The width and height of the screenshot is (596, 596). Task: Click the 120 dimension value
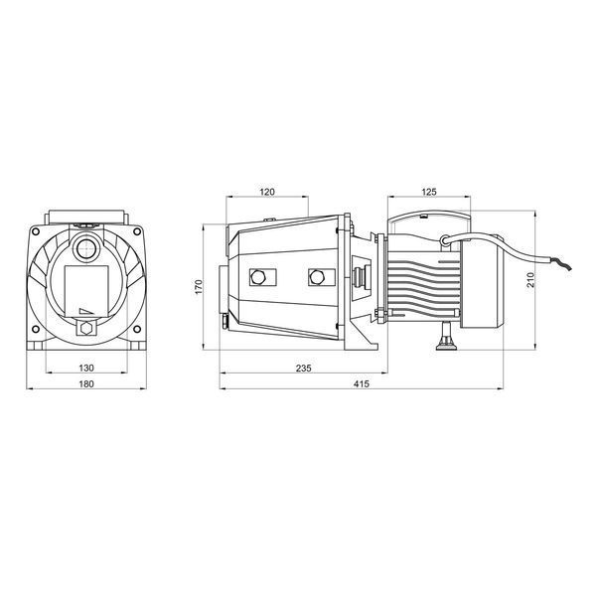[x=267, y=192]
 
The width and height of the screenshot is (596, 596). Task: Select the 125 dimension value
[x=429, y=192]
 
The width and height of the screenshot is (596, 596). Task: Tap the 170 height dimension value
[x=199, y=287]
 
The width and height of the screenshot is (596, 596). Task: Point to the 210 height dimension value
[x=530, y=280]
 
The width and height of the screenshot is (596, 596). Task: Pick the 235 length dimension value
[x=303, y=368]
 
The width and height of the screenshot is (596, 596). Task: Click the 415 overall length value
[x=362, y=383]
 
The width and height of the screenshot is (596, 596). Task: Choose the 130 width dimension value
[x=86, y=368]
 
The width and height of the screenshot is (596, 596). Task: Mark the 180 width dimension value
[x=86, y=383]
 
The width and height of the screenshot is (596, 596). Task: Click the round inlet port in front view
[x=87, y=249]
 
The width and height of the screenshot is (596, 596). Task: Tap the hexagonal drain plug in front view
[x=87, y=327]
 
